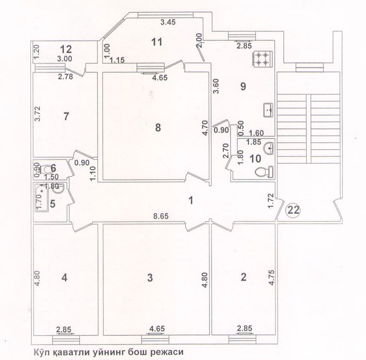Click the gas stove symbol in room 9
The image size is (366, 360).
tap(262, 59)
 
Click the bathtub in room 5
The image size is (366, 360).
tap(42, 197)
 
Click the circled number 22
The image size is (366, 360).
tap(293, 210)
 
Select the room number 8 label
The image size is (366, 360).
tap(158, 128)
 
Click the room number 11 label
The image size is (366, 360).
tap(156, 42)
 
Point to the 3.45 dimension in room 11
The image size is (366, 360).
tap(168, 22)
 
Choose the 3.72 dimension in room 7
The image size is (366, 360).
tap(38, 114)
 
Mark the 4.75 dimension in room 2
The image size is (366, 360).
tap(272, 278)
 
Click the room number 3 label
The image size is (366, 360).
tap(150, 278)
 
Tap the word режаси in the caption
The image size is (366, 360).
tap(167, 352)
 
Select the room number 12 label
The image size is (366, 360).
tap(66, 49)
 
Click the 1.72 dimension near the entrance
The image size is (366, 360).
tap(271, 200)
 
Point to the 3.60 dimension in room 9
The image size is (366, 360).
tap(216, 86)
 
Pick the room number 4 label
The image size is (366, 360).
tap(64, 278)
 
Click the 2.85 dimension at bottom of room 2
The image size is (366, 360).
tap(245, 328)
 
